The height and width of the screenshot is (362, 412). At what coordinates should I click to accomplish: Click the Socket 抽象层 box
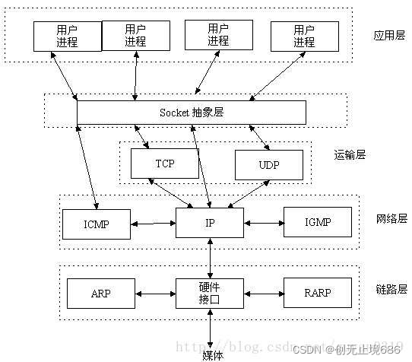pyautogui.click(x=192, y=112)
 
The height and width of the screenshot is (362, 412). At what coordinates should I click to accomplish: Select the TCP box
pyautogui.click(x=165, y=164)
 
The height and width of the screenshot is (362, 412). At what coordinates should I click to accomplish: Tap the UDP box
pyautogui.click(x=268, y=164)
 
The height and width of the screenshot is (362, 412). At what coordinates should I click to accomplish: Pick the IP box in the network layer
pyautogui.click(x=209, y=222)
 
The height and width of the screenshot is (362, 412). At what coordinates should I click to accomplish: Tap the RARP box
pyautogui.click(x=318, y=293)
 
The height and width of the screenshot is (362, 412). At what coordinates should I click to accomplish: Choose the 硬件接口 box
pyautogui.click(x=209, y=293)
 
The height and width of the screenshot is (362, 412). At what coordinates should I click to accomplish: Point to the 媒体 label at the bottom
pyautogui.click(x=212, y=354)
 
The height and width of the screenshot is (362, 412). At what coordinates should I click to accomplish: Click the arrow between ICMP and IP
pyautogui.click(x=153, y=224)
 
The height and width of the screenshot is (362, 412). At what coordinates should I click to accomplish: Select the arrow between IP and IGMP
pyautogui.click(x=263, y=224)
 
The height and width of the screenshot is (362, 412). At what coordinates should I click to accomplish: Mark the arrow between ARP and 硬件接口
pyautogui.click(x=155, y=294)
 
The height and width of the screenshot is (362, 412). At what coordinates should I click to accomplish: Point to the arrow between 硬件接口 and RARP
pyautogui.click(x=263, y=294)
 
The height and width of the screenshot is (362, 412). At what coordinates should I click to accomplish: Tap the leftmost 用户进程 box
pyautogui.click(x=67, y=35)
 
